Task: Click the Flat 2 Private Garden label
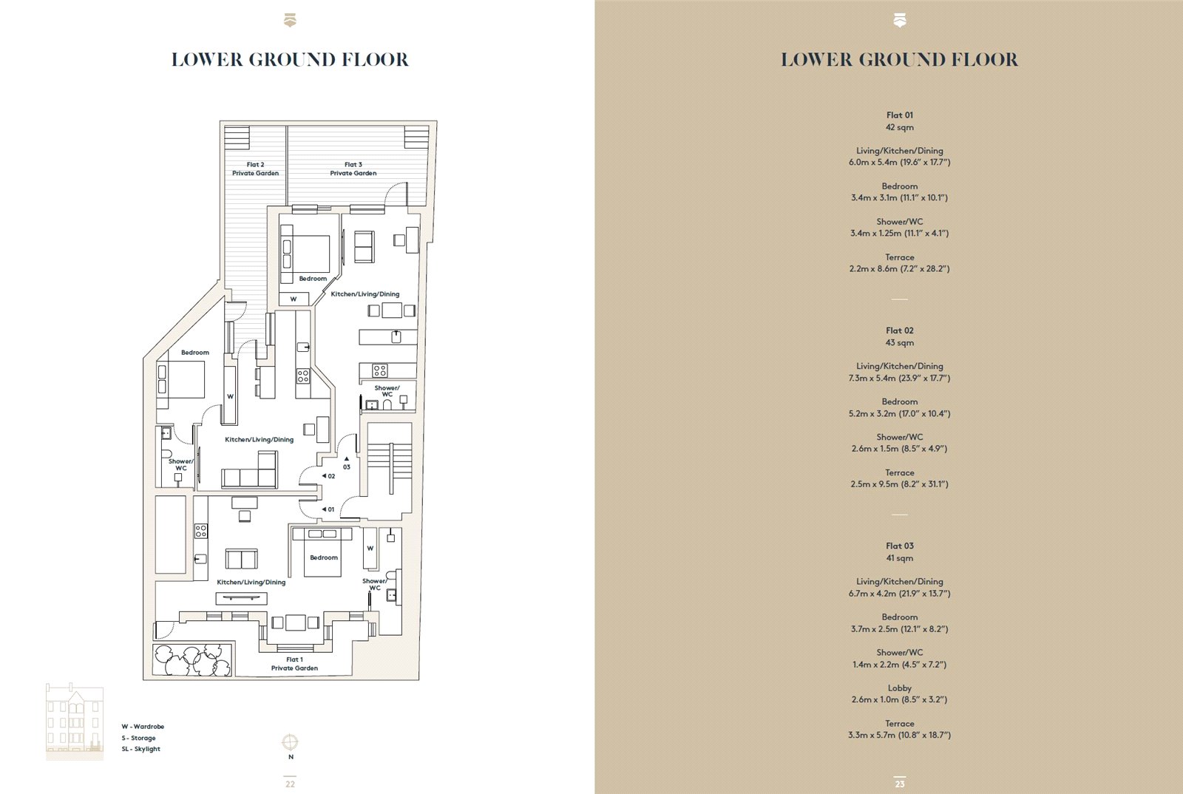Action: [256, 169]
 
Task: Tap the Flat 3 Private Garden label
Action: [353, 169]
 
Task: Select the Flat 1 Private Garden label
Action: [295, 664]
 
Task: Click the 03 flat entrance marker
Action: [347, 464]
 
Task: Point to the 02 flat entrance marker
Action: [328, 476]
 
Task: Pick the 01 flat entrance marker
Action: [328, 509]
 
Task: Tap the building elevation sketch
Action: [75, 721]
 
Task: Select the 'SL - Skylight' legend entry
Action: [140, 749]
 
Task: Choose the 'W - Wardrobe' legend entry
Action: [143, 727]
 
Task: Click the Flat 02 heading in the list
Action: [899, 330]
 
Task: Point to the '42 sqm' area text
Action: [899, 127]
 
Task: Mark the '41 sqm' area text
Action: [899, 558]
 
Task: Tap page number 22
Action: [290, 784]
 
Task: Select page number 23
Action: [899, 784]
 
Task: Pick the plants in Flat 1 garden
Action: [192, 660]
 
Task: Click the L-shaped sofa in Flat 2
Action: [249, 469]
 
